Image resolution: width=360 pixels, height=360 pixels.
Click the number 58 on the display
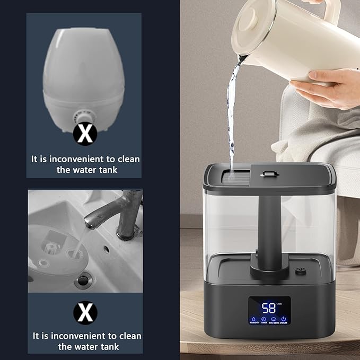(x=269, y=308)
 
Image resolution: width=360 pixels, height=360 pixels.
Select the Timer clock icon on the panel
(x=263, y=319)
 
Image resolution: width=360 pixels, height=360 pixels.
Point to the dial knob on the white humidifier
(x=84, y=116)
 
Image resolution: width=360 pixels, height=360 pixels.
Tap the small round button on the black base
(x=301, y=270)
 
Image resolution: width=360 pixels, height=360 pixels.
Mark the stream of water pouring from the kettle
(x=231, y=117)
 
